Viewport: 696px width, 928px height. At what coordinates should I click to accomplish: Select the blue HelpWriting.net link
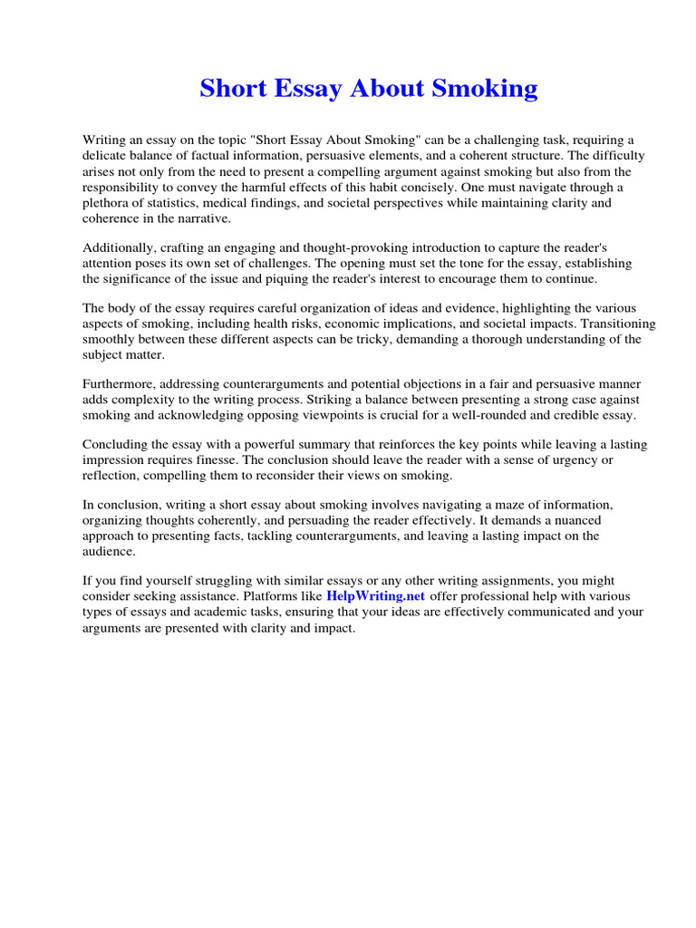click(x=375, y=595)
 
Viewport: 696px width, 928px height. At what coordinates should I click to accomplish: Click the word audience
click(x=109, y=551)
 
